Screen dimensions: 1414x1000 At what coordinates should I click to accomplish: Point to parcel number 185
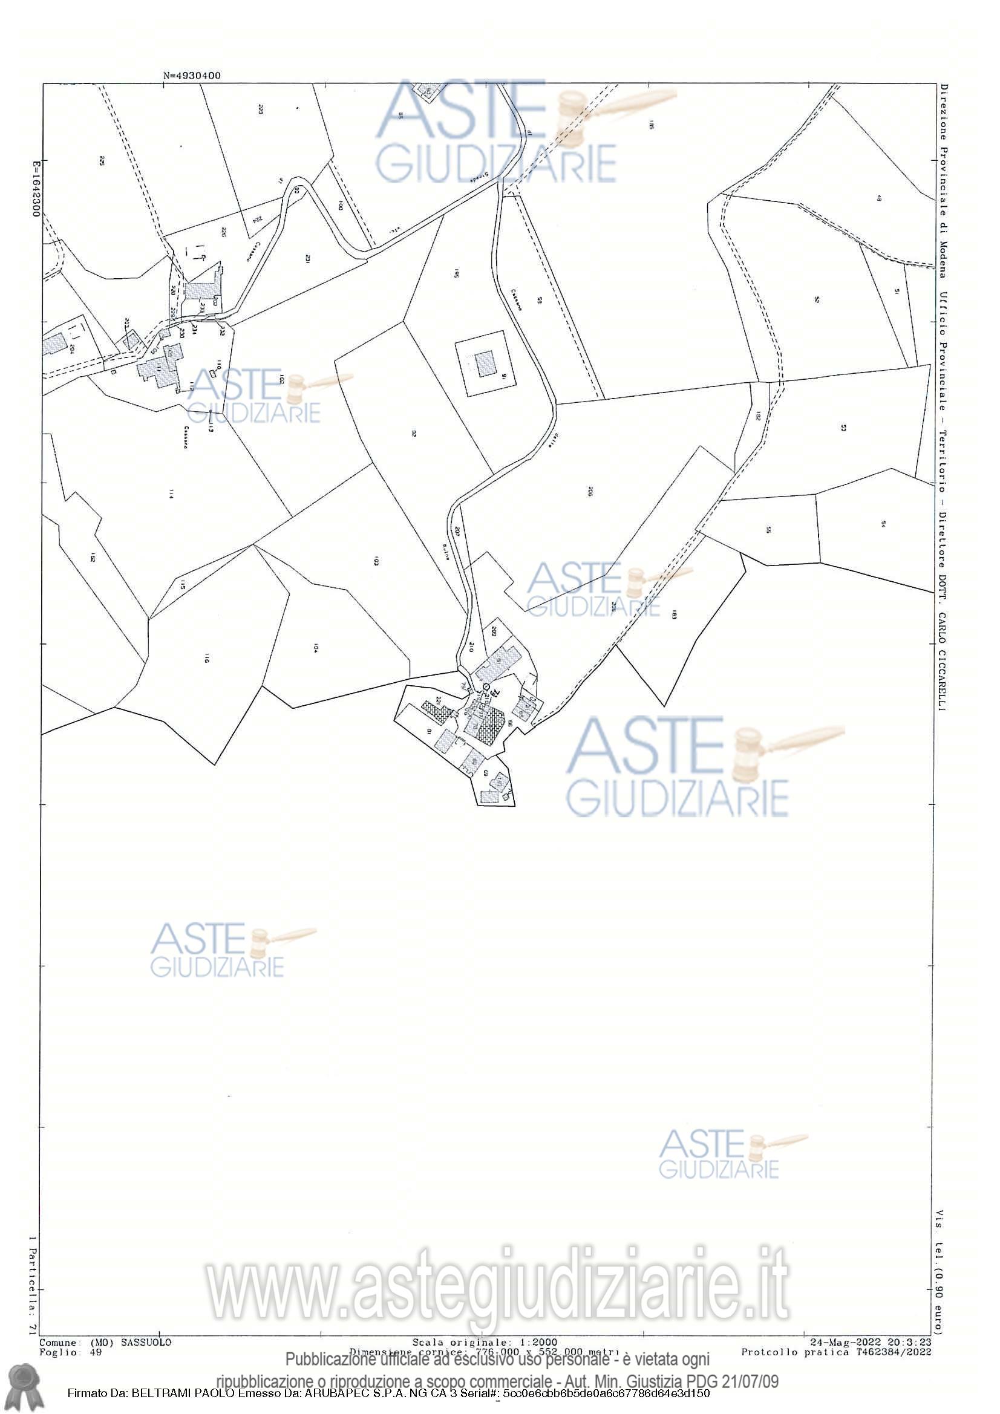click(x=651, y=125)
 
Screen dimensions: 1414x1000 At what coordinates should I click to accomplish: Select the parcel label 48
click(x=880, y=199)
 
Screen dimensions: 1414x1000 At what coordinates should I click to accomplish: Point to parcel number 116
click(x=207, y=659)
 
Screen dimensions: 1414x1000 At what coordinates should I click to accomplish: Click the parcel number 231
click(x=306, y=258)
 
